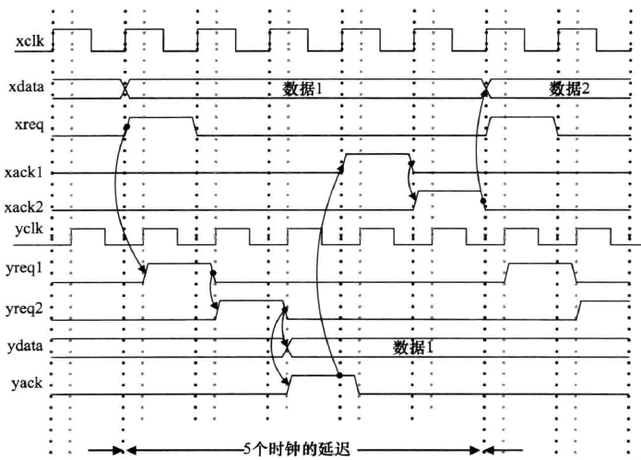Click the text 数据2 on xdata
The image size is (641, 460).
coord(570,88)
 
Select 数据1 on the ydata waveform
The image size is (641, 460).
coord(414,348)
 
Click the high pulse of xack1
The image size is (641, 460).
coord(377,154)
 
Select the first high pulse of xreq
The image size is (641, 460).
coord(160,118)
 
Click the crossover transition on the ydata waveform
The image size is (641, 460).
coord(288,348)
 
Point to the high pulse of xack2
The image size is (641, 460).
coord(448,191)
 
